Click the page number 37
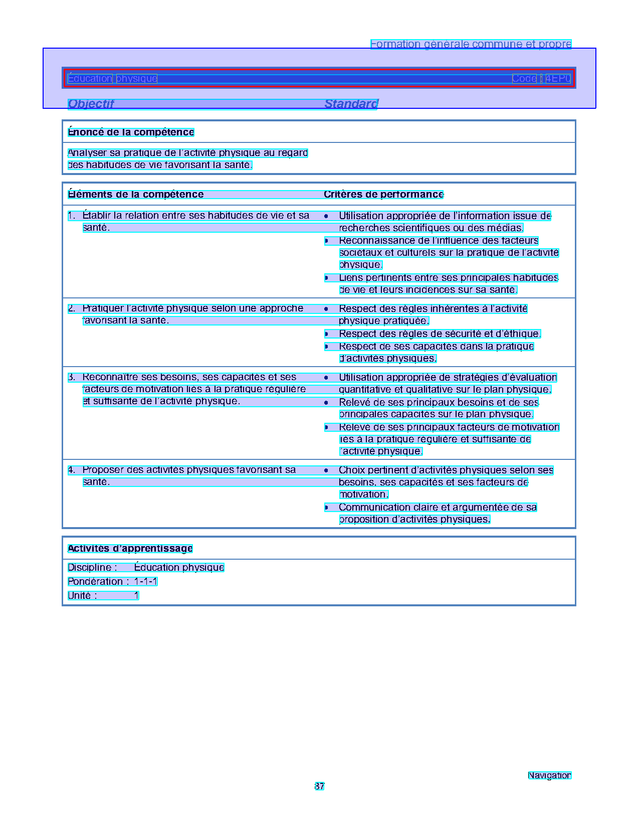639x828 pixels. (319, 786)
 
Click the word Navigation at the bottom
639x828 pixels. (549, 775)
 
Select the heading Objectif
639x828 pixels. (91, 104)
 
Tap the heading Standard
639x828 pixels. (351, 104)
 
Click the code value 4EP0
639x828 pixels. (558, 79)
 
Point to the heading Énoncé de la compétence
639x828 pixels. (131, 132)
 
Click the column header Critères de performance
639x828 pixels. (383, 195)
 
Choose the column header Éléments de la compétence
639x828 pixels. (136, 195)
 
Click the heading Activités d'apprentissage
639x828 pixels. (130, 549)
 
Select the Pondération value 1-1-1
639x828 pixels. (146, 582)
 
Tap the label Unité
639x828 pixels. (80, 596)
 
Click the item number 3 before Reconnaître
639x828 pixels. (71, 377)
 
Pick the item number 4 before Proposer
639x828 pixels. (71, 470)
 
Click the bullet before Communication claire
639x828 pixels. (326, 508)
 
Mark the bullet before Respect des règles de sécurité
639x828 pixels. (326, 334)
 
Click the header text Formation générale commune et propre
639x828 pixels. (471, 44)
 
